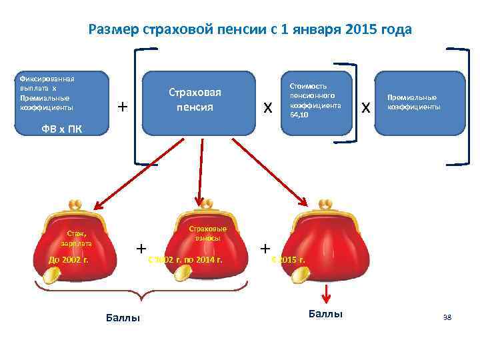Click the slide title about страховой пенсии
[x=250, y=30]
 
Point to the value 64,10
[x=299, y=115]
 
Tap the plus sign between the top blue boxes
[x=121, y=107]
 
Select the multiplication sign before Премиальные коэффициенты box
[x=365, y=107]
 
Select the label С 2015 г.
[x=289, y=259]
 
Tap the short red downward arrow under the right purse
[x=325, y=293]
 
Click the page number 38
[x=447, y=317]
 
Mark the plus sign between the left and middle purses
[x=141, y=248]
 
